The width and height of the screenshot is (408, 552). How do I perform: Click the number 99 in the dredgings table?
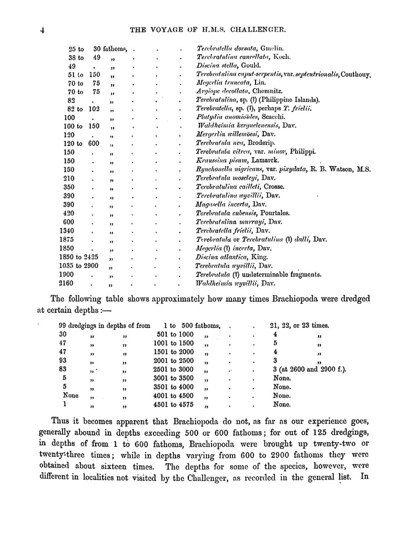(65, 325)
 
